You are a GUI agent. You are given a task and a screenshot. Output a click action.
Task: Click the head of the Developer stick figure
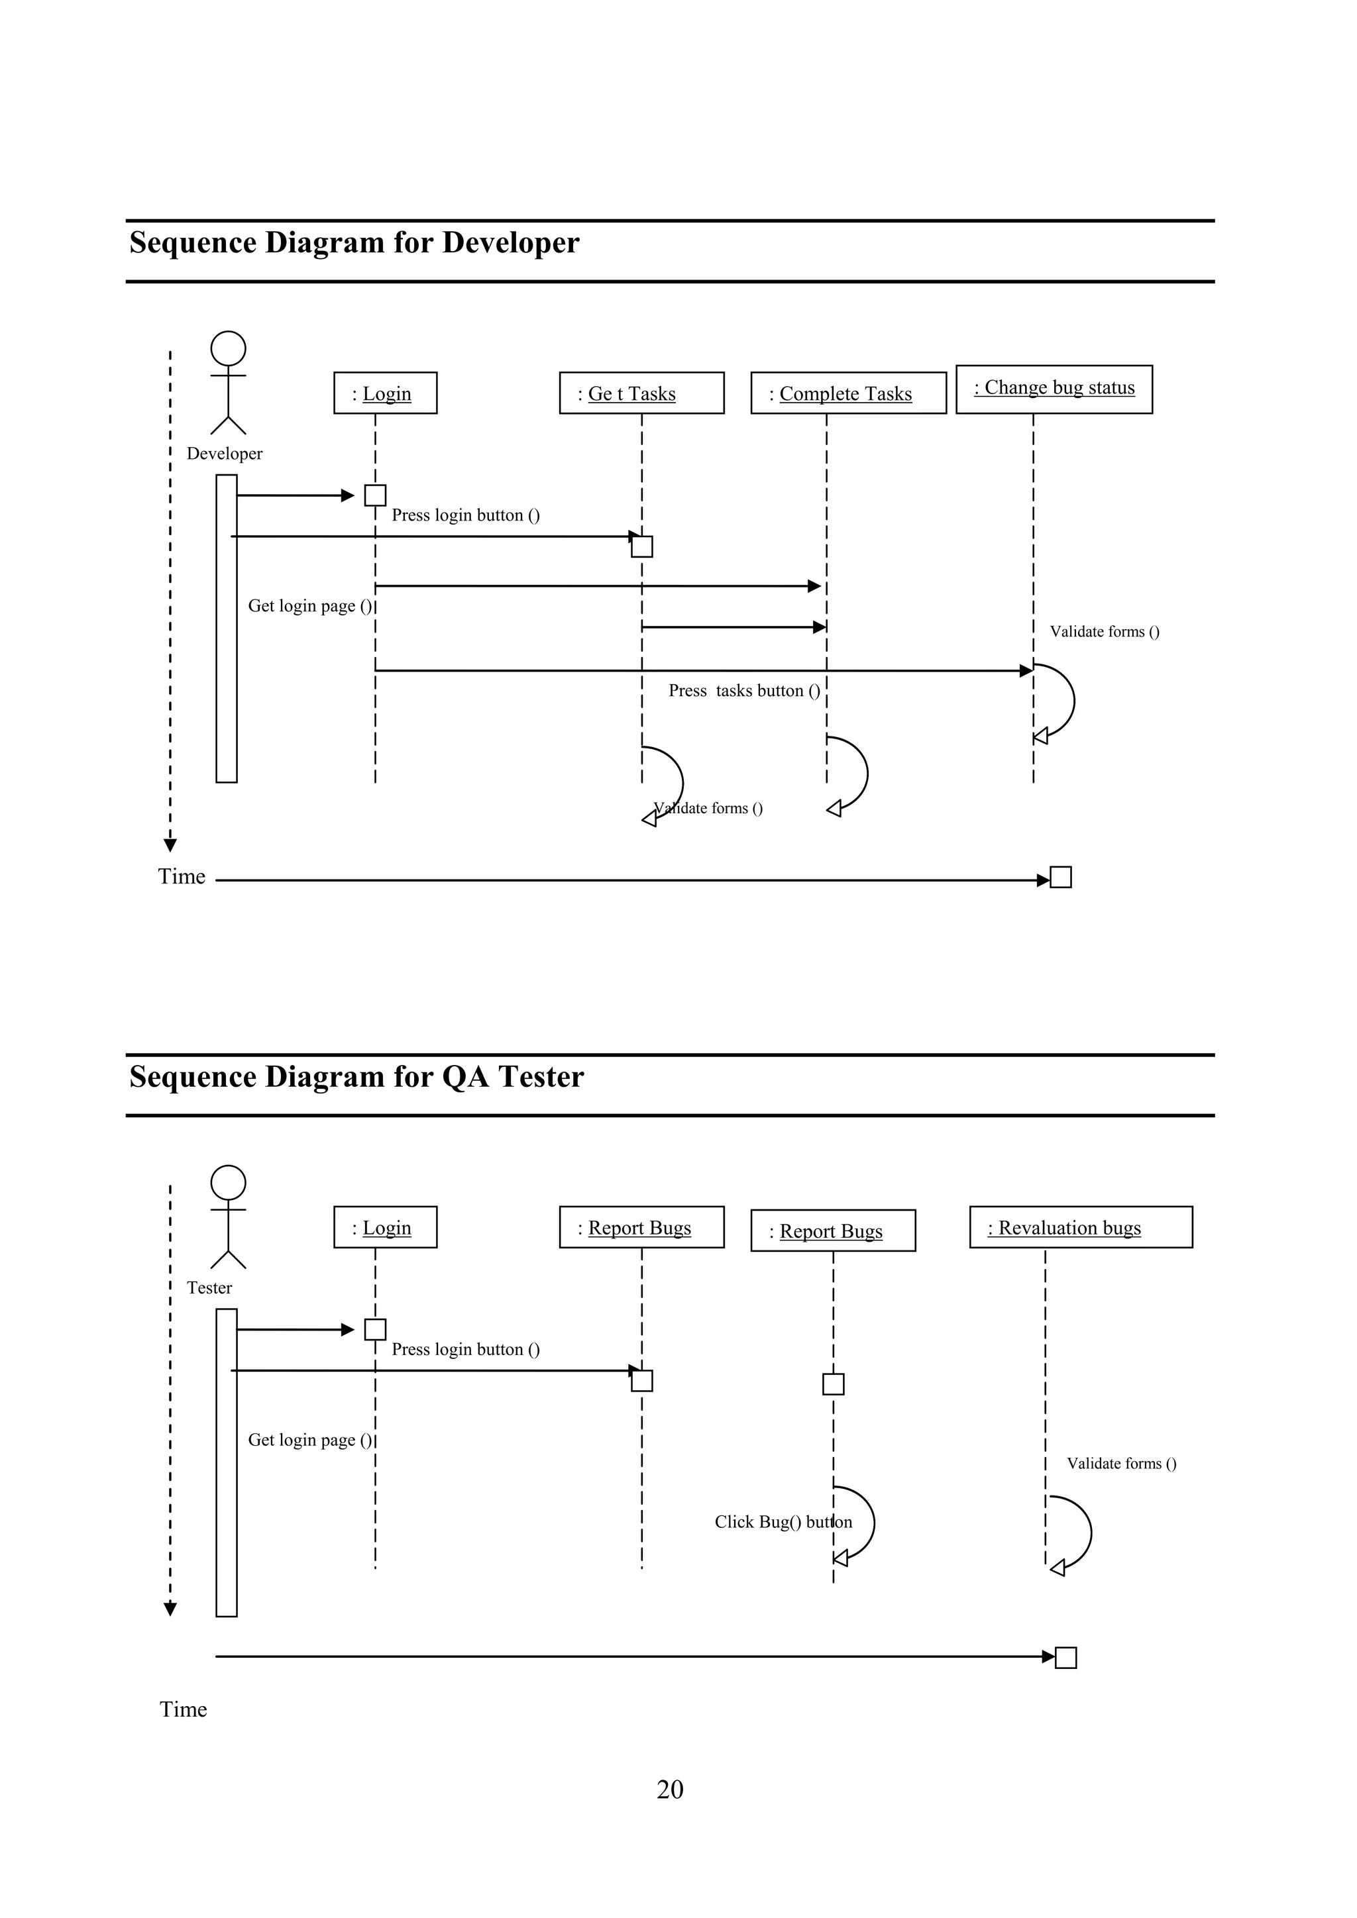[x=228, y=348]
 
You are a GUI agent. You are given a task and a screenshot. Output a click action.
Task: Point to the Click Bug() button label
[x=783, y=1521]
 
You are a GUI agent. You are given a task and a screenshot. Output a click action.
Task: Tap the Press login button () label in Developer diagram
[x=465, y=515]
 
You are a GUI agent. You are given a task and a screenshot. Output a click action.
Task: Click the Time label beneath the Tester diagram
[x=183, y=1709]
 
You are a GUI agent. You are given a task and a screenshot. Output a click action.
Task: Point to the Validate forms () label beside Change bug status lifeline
[x=1104, y=632]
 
